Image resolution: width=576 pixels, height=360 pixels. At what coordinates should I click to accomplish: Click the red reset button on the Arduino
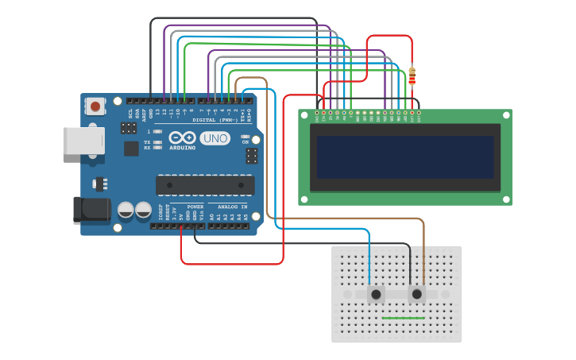[x=95, y=106]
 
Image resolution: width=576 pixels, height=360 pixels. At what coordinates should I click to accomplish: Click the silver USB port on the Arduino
[x=83, y=141]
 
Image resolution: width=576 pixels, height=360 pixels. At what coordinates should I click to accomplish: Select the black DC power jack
[x=91, y=209]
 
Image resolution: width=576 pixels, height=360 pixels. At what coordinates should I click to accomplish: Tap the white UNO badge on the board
[x=215, y=138]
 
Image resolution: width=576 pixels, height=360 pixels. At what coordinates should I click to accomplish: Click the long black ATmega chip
[x=205, y=184]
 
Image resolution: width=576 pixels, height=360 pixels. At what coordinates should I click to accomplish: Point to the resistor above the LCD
[x=412, y=75]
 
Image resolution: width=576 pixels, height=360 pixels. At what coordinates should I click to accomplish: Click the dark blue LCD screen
[x=404, y=157]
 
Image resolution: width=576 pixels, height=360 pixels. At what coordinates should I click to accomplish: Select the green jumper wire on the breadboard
[x=403, y=318]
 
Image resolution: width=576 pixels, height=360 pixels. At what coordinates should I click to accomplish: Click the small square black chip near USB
[x=130, y=148]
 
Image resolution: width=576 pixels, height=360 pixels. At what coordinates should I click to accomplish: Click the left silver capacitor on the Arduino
[x=126, y=211]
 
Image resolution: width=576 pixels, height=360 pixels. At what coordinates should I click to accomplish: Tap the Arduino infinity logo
[x=182, y=138]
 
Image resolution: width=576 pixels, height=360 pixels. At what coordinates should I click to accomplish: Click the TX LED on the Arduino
[x=157, y=142]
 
